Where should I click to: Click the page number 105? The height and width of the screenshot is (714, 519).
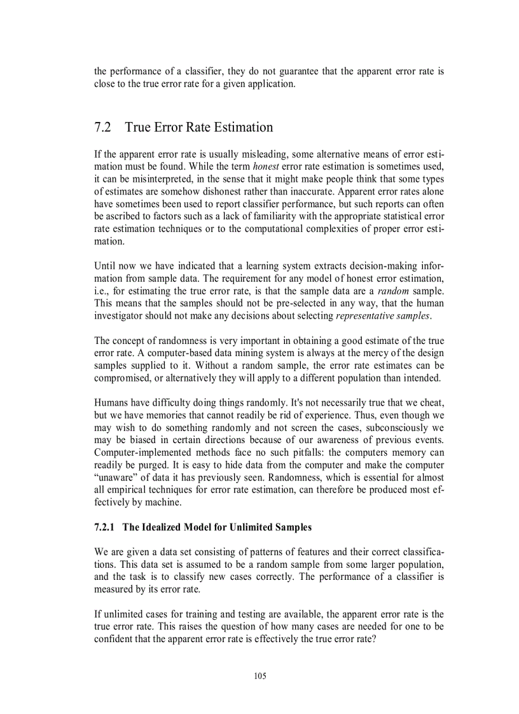259,676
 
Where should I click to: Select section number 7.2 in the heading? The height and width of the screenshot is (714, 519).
102,127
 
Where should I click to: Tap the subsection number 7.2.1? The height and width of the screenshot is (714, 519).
104,527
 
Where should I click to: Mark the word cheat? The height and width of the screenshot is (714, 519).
431,402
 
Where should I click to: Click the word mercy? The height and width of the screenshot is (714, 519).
343,353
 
